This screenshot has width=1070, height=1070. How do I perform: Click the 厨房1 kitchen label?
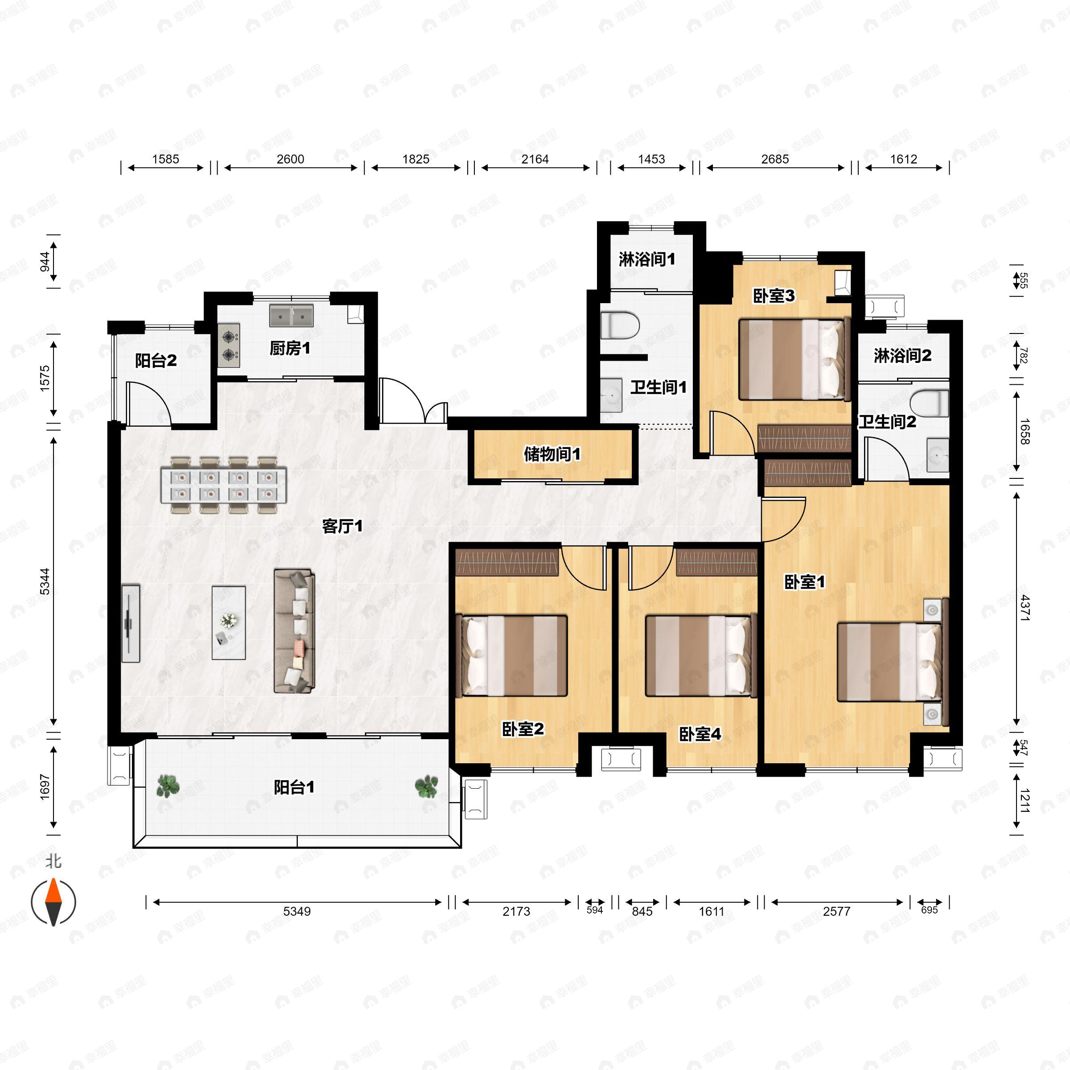(290, 348)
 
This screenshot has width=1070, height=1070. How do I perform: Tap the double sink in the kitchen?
(291, 315)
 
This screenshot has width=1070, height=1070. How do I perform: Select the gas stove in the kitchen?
(229, 346)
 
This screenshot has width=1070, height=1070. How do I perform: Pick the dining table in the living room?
(224, 485)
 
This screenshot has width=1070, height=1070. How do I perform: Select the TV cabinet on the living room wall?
(131, 623)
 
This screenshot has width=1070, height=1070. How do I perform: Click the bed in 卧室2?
(512, 656)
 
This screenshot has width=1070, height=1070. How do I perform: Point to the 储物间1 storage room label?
(552, 455)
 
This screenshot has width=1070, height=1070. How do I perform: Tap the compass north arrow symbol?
(53, 902)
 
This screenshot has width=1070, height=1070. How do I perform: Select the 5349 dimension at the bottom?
(297, 911)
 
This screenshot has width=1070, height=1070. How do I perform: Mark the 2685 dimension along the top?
(775, 160)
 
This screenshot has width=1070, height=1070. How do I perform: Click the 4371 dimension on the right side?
(1025, 608)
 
